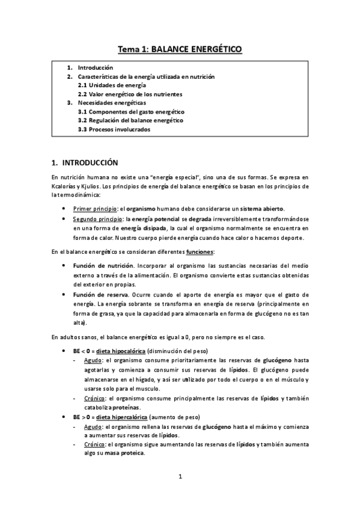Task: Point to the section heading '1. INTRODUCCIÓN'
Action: tap(85, 162)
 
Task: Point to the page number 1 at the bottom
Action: tap(180, 477)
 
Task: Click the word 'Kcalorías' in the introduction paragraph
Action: tap(64, 185)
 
